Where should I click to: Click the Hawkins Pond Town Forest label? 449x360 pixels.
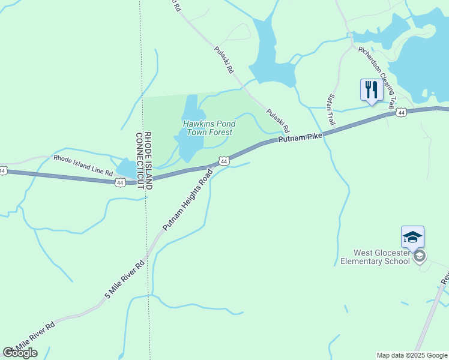click(x=209, y=128)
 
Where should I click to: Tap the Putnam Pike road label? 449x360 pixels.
click(x=300, y=138)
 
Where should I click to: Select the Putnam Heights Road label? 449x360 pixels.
click(x=188, y=200)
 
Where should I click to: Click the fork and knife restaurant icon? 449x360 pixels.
click(x=370, y=90)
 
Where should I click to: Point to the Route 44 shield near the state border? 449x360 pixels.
click(x=120, y=182)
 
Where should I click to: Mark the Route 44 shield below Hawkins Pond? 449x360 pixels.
click(x=223, y=161)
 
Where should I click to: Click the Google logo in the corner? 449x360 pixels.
click(x=20, y=353)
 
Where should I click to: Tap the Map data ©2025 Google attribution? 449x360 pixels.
click(x=411, y=355)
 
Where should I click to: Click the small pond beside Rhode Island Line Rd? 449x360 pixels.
click(x=127, y=169)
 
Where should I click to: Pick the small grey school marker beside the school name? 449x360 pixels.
click(x=420, y=257)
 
